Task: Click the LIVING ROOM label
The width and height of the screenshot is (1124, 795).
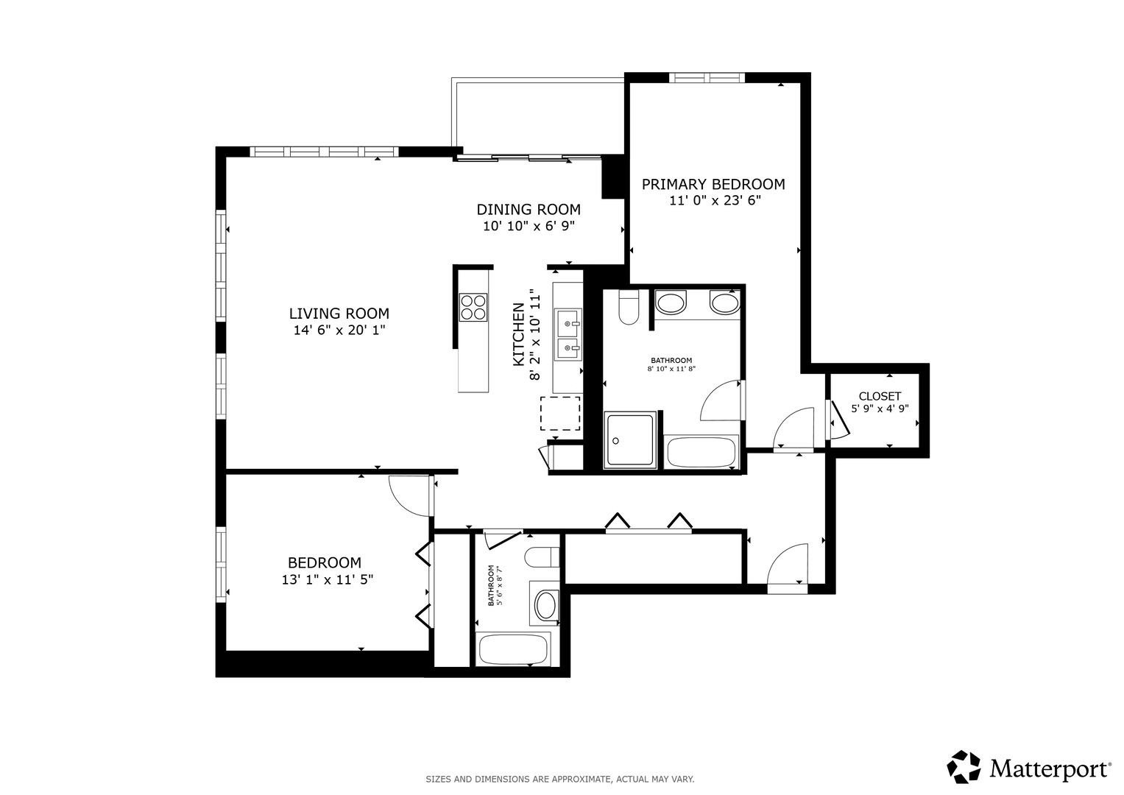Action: [x=339, y=314]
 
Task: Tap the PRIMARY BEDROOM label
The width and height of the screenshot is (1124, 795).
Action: [x=713, y=184]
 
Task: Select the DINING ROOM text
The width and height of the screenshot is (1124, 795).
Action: [x=529, y=209]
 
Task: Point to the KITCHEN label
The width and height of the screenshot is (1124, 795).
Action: [x=518, y=334]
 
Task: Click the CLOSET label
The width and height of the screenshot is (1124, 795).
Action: [x=880, y=396]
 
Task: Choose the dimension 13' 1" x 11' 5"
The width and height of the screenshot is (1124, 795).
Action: [x=327, y=580]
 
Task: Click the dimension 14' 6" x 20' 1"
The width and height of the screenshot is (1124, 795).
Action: [x=339, y=330]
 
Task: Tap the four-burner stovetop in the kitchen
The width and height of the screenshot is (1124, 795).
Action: [x=473, y=307]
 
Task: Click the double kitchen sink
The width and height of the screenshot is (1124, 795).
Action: [x=568, y=334]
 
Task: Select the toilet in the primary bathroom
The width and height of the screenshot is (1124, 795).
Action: [x=628, y=307]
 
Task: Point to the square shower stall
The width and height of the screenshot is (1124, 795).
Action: [x=630, y=440]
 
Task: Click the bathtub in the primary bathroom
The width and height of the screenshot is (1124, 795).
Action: [x=701, y=452]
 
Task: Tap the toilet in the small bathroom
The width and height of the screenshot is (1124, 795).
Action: [x=542, y=557]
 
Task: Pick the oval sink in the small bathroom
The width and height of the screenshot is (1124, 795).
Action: [x=546, y=605]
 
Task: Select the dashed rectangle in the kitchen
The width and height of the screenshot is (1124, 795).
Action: [x=560, y=413]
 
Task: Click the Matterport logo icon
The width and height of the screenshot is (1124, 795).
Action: [x=964, y=768]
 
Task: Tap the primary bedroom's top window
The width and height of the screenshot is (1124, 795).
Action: [x=707, y=77]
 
